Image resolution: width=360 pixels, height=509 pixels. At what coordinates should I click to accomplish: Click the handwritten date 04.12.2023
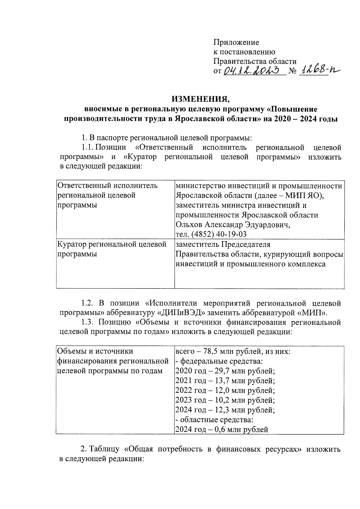point(254,70)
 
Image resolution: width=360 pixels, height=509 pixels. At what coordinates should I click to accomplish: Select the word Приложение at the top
point(236,42)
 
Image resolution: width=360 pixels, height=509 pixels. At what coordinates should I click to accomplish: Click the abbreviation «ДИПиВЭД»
point(182,313)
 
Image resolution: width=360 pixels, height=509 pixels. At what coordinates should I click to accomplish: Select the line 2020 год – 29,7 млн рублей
point(225,371)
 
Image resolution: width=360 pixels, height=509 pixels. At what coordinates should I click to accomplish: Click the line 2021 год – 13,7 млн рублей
point(225,381)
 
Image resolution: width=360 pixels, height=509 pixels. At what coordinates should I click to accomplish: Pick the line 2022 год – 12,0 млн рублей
point(225,391)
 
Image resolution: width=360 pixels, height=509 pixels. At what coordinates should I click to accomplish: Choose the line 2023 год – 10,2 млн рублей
point(225,400)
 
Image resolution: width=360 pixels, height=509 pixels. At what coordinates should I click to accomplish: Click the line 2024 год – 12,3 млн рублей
point(225,410)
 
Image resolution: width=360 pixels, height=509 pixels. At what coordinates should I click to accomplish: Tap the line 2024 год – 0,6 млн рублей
point(221,430)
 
